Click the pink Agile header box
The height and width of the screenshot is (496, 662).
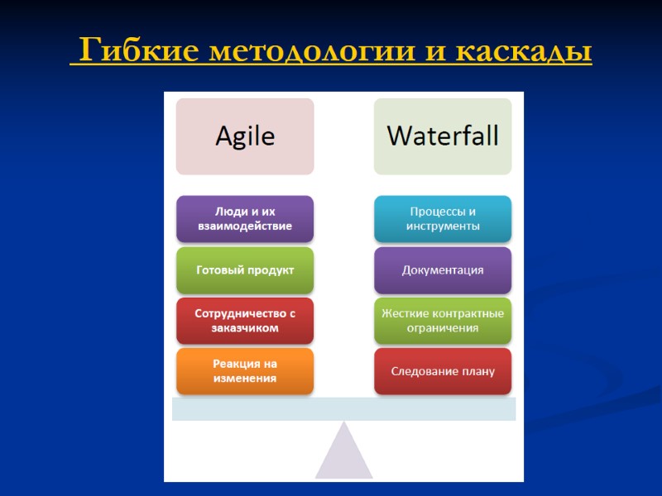(x=245, y=136)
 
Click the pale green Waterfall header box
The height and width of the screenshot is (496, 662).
(x=443, y=136)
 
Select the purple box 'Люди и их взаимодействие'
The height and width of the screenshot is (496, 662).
(x=245, y=219)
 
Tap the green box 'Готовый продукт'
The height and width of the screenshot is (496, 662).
(x=245, y=270)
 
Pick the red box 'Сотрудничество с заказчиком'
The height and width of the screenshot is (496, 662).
(x=245, y=321)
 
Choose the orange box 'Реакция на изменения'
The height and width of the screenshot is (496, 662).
(x=245, y=371)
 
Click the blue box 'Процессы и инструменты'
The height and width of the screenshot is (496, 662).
(x=443, y=219)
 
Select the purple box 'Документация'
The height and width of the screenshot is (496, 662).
(x=443, y=270)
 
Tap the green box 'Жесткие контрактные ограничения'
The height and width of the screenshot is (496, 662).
(x=443, y=321)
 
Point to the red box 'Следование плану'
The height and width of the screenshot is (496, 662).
(x=443, y=371)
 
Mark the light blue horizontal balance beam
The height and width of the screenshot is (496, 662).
(x=343, y=409)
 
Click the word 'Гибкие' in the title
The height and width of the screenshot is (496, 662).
(x=137, y=52)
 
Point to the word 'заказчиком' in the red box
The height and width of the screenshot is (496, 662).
(x=245, y=328)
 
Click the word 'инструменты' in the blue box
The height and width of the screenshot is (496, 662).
(x=443, y=227)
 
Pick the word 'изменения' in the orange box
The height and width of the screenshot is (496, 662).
(x=245, y=379)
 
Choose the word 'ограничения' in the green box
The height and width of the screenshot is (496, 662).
(x=443, y=328)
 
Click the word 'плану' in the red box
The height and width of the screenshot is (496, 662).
(x=475, y=371)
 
